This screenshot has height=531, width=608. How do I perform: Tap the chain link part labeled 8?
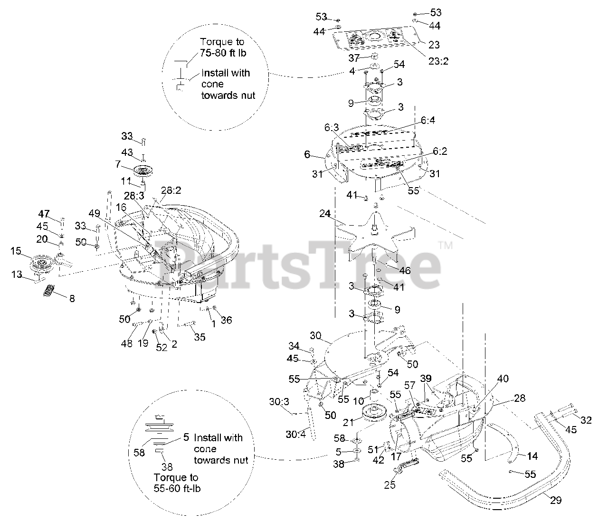click(x=49, y=291)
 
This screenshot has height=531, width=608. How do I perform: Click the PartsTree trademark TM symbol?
click(x=445, y=246)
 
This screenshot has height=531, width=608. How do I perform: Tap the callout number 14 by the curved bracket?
click(x=532, y=456)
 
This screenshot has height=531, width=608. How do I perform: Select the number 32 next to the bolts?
click(x=587, y=419)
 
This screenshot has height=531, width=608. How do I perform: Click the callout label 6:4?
click(x=427, y=121)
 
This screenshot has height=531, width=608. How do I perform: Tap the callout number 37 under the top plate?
click(x=354, y=57)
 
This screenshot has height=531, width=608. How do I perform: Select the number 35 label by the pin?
click(x=200, y=337)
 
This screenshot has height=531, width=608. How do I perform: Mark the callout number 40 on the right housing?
click(x=503, y=379)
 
